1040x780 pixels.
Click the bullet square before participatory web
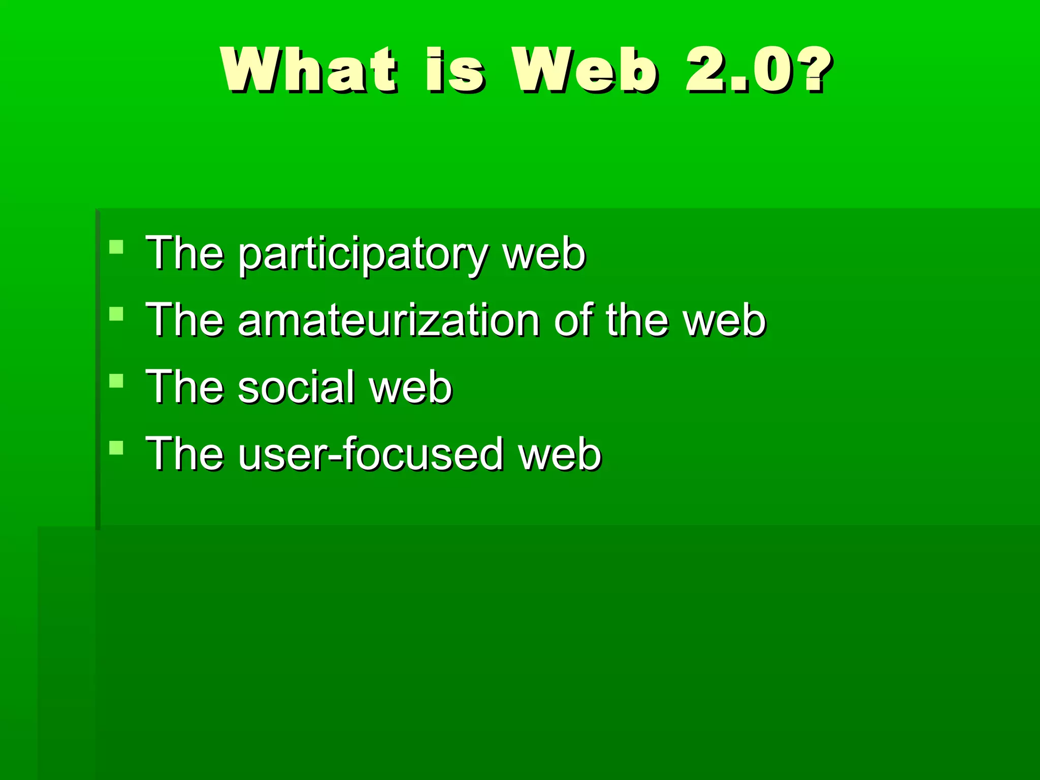[x=116, y=247]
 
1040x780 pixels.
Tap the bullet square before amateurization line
[x=116, y=314]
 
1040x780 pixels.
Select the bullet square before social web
[x=116, y=381]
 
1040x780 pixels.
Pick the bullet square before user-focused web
[x=116, y=447]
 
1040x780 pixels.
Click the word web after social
[x=410, y=387]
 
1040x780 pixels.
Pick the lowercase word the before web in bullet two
[x=637, y=320]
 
